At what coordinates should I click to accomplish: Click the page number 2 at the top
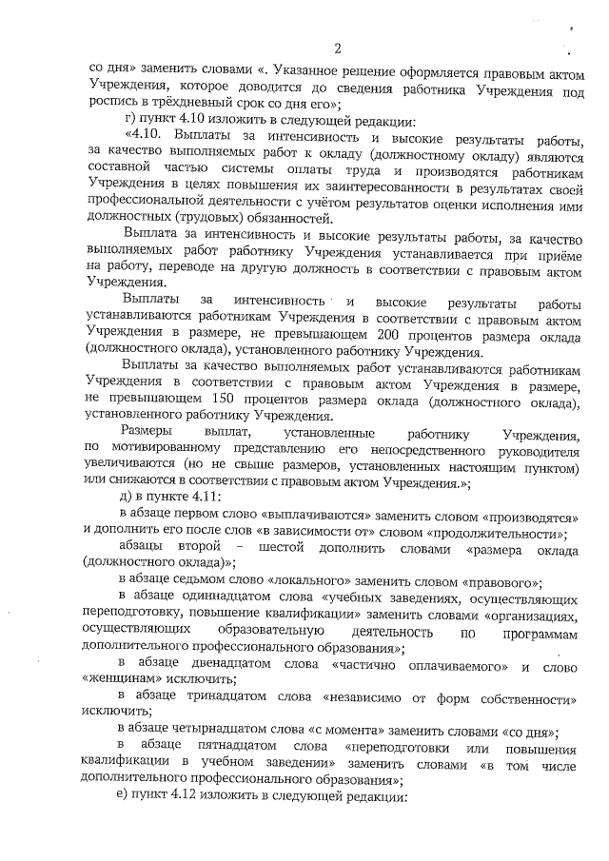pos(337,49)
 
